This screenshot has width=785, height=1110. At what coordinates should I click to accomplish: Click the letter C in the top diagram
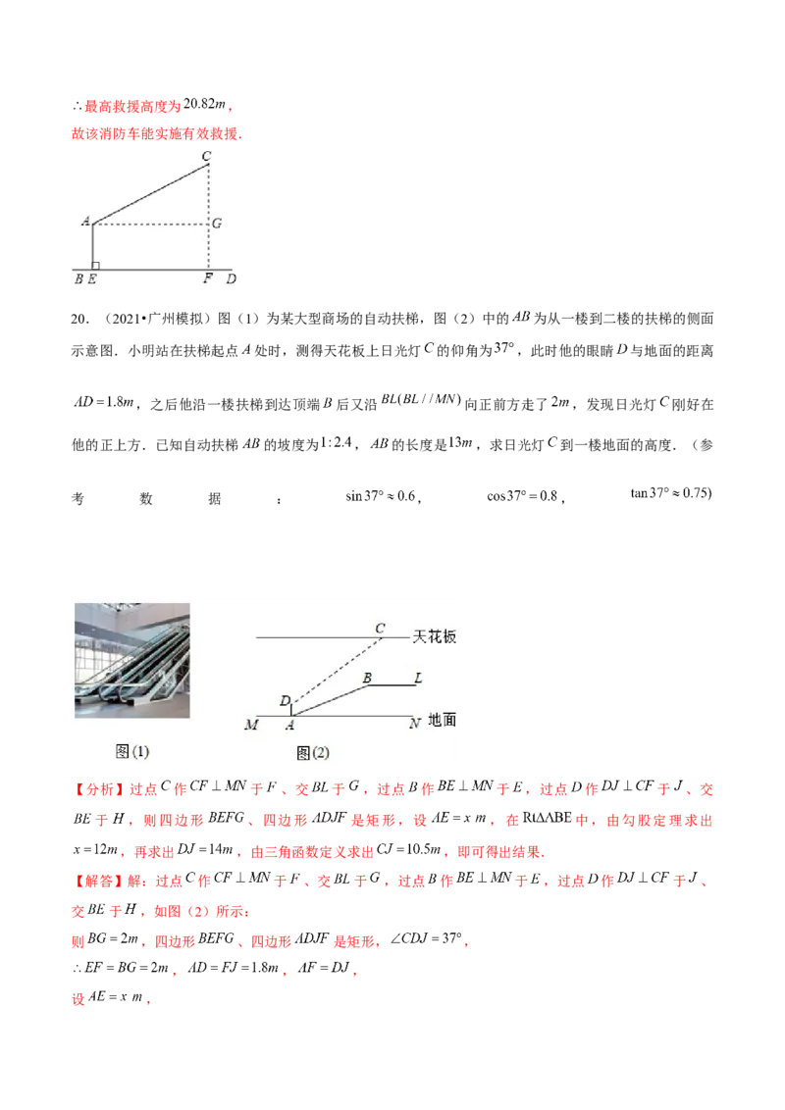tap(206, 156)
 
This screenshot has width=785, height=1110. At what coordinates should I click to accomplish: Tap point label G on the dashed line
tap(217, 224)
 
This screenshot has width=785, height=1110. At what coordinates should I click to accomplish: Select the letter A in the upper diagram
tap(85, 222)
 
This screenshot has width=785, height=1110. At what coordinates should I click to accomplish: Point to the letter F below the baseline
tap(207, 279)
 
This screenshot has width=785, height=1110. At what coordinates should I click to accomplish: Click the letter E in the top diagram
tap(91, 279)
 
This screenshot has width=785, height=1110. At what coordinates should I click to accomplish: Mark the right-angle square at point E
tap(95, 265)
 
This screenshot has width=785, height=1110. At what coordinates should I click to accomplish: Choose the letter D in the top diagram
tap(231, 279)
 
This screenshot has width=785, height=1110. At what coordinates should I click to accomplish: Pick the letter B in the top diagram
tap(78, 279)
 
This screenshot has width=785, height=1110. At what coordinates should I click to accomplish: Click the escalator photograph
tap(132, 660)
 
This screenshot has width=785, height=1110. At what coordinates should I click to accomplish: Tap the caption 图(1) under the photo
tap(132, 752)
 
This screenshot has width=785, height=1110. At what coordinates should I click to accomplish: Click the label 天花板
tap(435, 637)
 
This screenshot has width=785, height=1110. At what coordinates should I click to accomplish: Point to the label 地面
tap(443, 720)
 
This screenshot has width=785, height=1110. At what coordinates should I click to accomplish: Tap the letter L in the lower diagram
tap(418, 678)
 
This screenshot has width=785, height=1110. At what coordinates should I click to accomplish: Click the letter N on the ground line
tap(415, 724)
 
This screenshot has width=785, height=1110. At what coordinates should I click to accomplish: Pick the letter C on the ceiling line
tap(380, 628)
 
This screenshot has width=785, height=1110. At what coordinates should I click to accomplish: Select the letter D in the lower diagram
tap(285, 701)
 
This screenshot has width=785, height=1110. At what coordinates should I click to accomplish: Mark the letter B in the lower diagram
tap(368, 678)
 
